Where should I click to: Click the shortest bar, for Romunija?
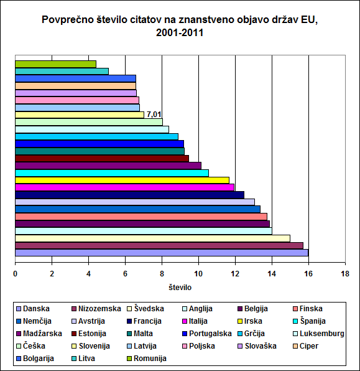click(55, 64)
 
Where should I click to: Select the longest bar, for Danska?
click(162, 253)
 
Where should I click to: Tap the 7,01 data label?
click(154, 115)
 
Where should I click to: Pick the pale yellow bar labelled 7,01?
click(80, 115)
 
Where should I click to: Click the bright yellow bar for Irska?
click(122, 181)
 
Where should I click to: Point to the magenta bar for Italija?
click(124, 187)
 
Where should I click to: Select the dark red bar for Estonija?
click(102, 159)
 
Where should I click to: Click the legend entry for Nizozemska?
click(96, 309)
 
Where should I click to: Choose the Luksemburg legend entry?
click(318, 334)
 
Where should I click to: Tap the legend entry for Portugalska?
click(207, 334)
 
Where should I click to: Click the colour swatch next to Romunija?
click(129, 359)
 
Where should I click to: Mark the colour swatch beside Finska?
click(295, 309)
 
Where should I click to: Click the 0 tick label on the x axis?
click(15, 274)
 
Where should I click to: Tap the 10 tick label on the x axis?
click(198, 274)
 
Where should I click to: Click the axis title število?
click(180, 288)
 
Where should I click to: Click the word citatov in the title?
click(145, 20)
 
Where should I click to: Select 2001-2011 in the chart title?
click(180, 32)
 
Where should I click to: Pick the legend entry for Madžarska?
click(39, 334)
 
